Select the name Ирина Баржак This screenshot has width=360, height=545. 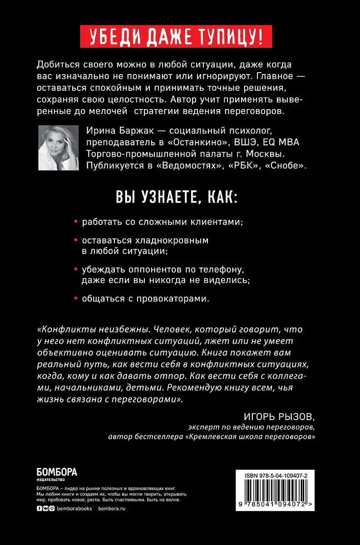click(x=112, y=131)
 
